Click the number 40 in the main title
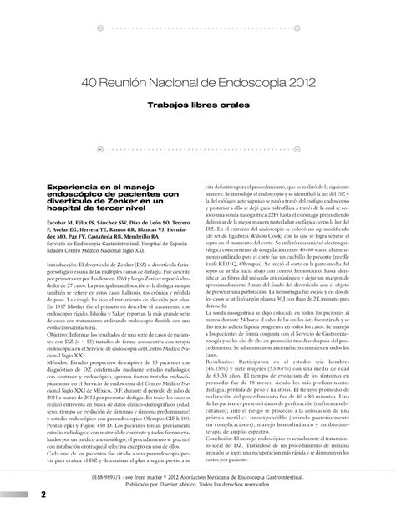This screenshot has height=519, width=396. click(93, 85)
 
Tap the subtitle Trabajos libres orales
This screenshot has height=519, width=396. click(198, 107)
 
